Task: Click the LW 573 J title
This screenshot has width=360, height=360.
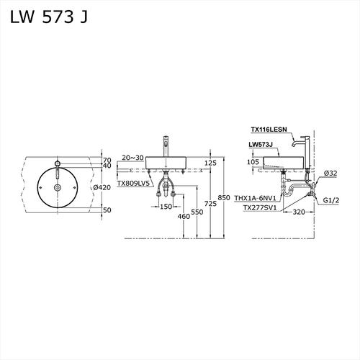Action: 49,17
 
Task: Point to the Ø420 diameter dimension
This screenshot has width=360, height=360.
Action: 102,187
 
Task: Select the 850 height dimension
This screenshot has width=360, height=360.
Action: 224,197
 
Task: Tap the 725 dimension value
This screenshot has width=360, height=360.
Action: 210,204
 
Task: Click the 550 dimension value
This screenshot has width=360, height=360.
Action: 197,212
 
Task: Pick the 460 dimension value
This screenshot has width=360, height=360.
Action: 184,216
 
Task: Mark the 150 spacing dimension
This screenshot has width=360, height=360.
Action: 166,207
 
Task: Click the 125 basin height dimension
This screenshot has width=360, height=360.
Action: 210,163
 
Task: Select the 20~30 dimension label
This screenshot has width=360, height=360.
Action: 132,158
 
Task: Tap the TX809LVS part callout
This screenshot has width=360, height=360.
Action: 133,184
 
